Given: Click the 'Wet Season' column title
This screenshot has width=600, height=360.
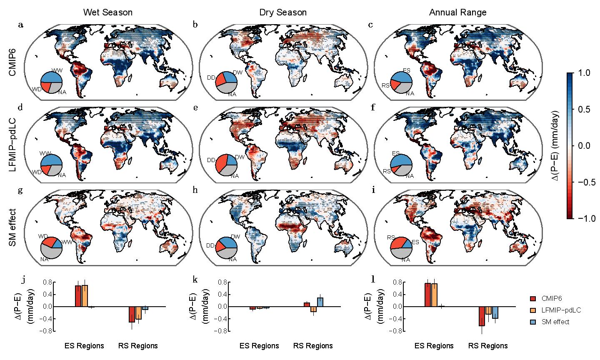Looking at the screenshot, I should coord(108,12).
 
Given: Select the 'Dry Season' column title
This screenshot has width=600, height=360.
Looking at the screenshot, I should coord(282,12).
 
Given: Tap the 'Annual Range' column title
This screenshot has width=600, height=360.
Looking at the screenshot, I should coord(457,12).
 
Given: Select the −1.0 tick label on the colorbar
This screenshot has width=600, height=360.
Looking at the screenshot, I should coord(585,218).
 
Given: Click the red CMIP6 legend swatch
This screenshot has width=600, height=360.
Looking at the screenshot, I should coord(533,299).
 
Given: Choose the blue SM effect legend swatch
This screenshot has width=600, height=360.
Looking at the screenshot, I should coord(533,322).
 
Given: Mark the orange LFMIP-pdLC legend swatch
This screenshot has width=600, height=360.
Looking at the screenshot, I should coord(533,310).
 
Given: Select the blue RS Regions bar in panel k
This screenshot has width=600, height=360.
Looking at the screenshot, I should coord(320,302).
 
